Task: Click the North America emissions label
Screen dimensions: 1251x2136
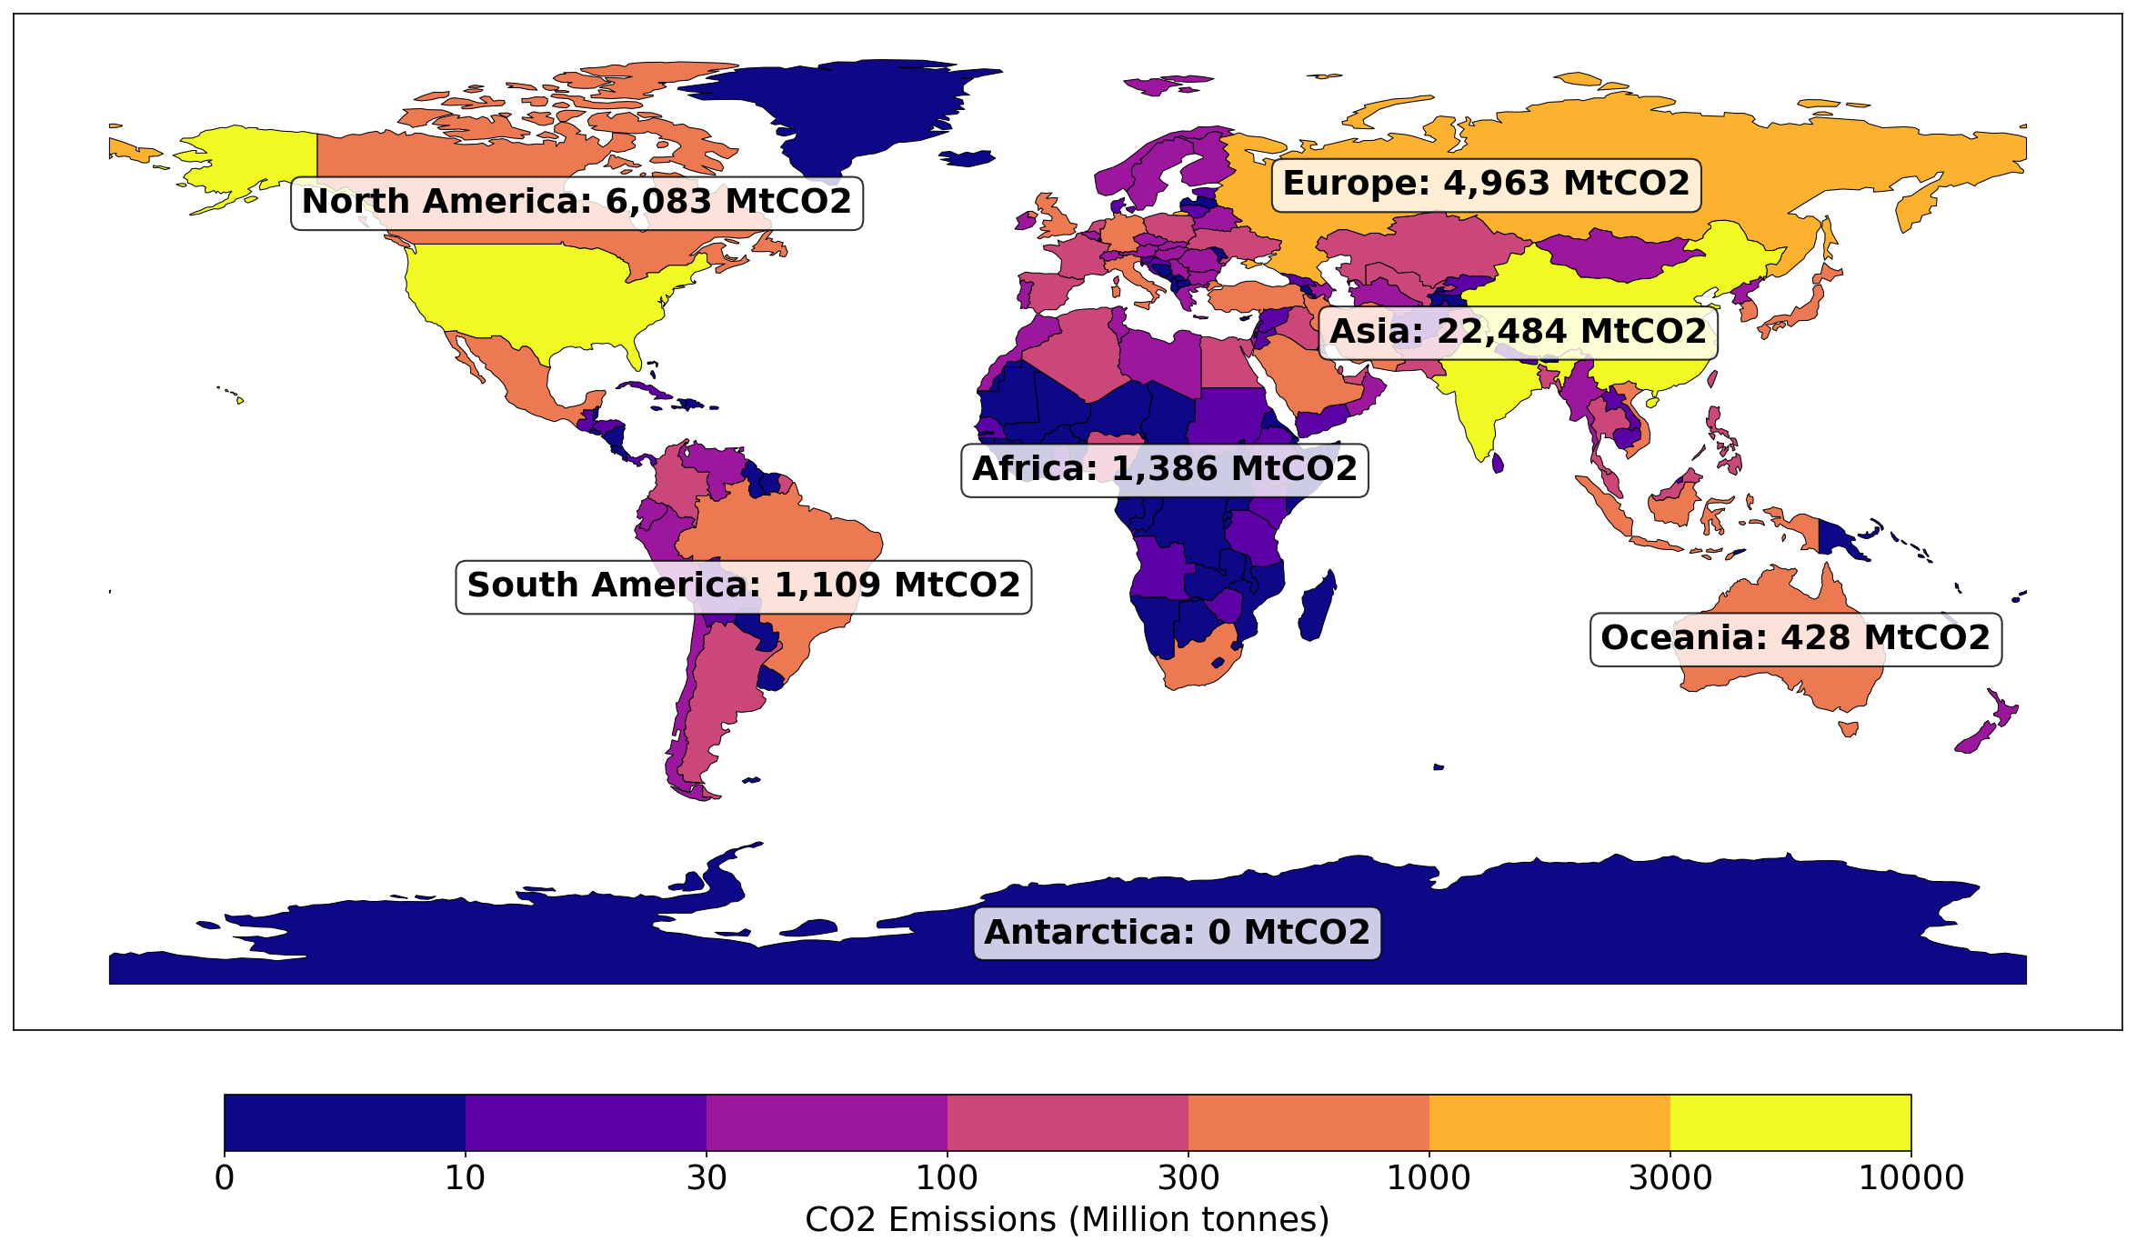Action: point(577,203)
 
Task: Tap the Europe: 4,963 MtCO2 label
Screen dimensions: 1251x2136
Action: point(1486,185)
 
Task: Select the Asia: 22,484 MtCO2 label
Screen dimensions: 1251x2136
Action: point(1518,333)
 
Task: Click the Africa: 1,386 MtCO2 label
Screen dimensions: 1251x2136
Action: point(1164,470)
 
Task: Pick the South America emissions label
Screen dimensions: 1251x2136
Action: point(743,586)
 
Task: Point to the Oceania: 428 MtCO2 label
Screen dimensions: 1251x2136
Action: point(1795,639)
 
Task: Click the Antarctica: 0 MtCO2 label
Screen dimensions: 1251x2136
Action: point(1177,934)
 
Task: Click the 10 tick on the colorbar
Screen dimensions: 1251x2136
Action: point(465,1178)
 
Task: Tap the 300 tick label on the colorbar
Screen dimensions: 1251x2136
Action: point(1188,1178)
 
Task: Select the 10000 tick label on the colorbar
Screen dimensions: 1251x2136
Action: point(1910,1178)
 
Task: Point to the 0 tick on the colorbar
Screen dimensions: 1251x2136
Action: point(225,1178)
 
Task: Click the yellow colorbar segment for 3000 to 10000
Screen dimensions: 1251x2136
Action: point(1790,1123)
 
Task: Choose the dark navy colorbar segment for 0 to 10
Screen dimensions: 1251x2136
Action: point(344,1123)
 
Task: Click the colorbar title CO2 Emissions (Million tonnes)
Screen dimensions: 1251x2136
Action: point(1067,1220)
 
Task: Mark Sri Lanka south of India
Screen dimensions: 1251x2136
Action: point(1498,464)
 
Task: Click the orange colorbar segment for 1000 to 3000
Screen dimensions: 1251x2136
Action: point(1549,1123)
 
